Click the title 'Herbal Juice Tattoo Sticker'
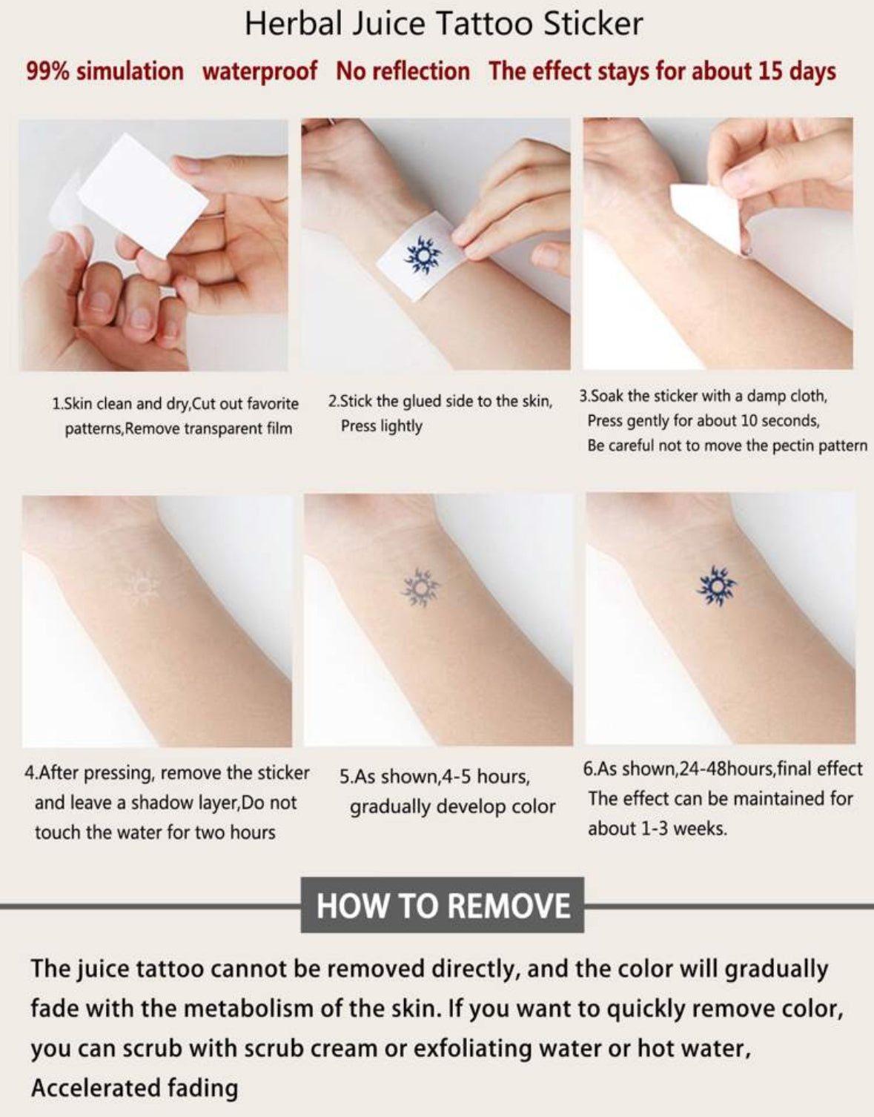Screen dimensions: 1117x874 (x=443, y=24)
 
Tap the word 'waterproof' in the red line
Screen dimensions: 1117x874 (x=259, y=71)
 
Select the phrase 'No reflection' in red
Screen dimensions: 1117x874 (x=403, y=71)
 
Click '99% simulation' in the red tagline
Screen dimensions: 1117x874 (x=105, y=71)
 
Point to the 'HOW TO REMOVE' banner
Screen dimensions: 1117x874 (x=443, y=905)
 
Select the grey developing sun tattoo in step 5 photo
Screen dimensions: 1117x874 (x=420, y=588)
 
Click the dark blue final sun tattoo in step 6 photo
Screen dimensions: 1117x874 (x=716, y=586)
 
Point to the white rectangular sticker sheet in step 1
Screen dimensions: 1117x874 (x=143, y=194)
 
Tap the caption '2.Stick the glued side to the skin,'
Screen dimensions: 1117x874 (x=440, y=401)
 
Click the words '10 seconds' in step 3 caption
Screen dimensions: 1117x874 (x=779, y=421)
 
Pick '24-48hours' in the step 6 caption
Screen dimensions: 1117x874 (x=726, y=769)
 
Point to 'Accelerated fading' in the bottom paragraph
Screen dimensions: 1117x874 (x=134, y=1087)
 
